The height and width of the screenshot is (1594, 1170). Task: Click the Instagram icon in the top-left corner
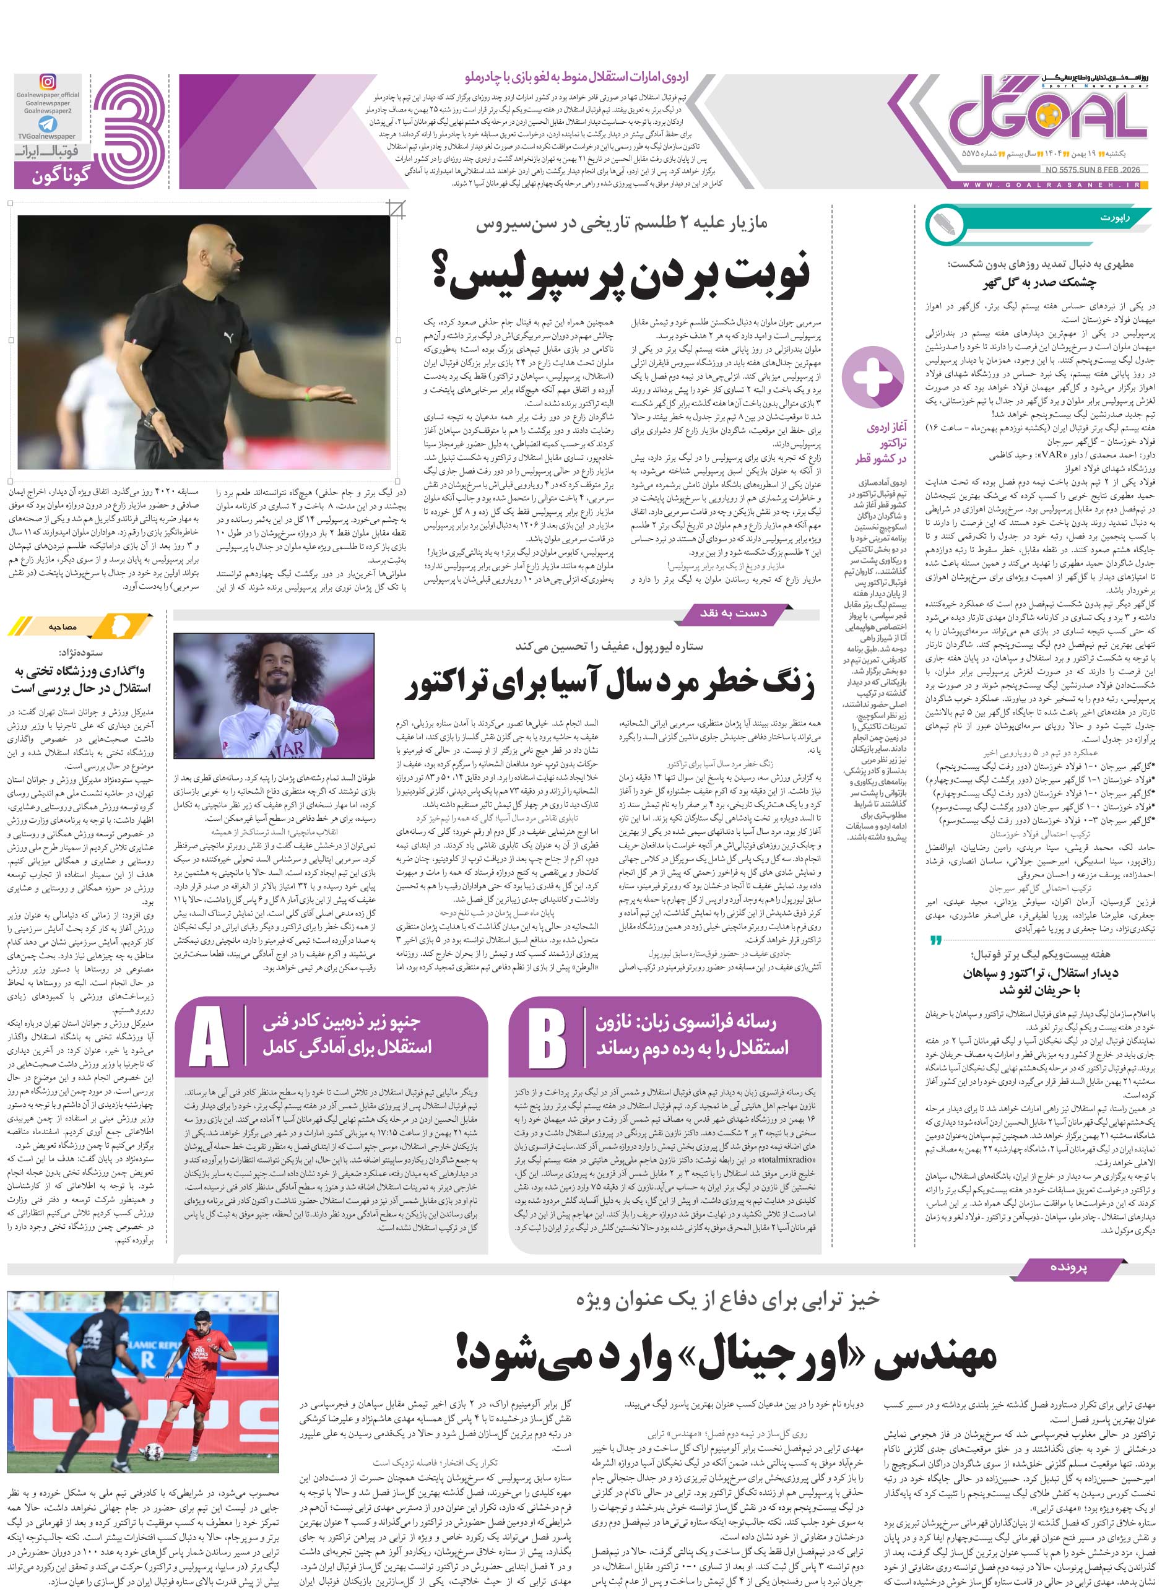tap(48, 82)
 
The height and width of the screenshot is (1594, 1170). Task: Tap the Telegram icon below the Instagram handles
tap(48, 124)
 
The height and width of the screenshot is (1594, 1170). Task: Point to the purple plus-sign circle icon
tap(875, 378)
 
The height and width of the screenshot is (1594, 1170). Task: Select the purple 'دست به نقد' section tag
tap(733, 613)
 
